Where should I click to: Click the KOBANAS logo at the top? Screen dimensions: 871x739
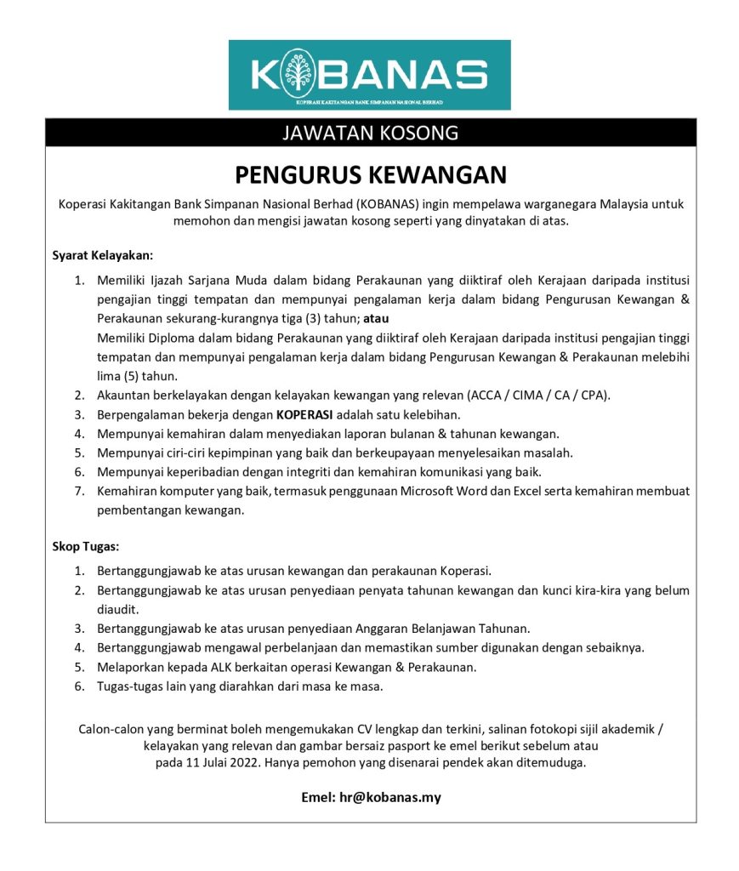370,75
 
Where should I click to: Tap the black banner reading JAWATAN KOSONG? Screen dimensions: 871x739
370,133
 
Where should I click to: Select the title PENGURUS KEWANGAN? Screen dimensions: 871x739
370,174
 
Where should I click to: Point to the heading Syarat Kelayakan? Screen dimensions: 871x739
103,255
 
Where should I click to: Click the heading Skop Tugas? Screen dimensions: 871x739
86,545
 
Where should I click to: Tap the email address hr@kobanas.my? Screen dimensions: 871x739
394,798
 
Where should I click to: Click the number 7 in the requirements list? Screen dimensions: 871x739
77,491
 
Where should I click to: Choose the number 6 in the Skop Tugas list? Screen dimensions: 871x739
77,686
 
